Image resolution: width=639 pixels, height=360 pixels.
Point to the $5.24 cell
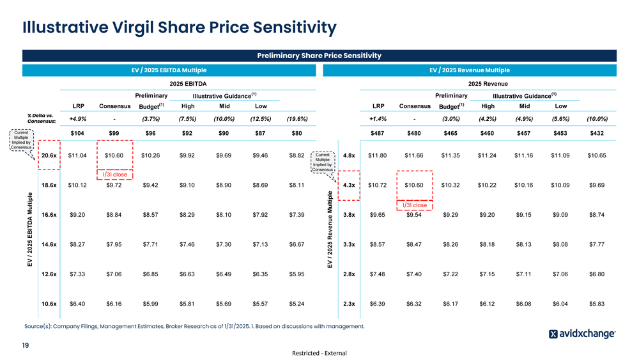tap(296, 304)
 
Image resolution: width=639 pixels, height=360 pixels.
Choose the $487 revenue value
tap(379, 133)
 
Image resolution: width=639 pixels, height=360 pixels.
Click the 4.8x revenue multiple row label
tap(349, 155)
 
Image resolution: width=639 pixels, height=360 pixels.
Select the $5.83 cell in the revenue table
tap(596, 304)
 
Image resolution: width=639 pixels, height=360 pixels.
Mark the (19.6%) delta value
tap(296, 118)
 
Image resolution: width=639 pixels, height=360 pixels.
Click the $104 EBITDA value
tap(77, 133)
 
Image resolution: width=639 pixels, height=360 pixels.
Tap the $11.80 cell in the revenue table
tap(379, 155)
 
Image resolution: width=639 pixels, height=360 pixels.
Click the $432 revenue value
tap(596, 133)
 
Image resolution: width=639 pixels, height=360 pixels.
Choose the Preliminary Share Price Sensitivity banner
tap(319, 56)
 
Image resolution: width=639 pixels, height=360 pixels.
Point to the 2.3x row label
tap(349, 304)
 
